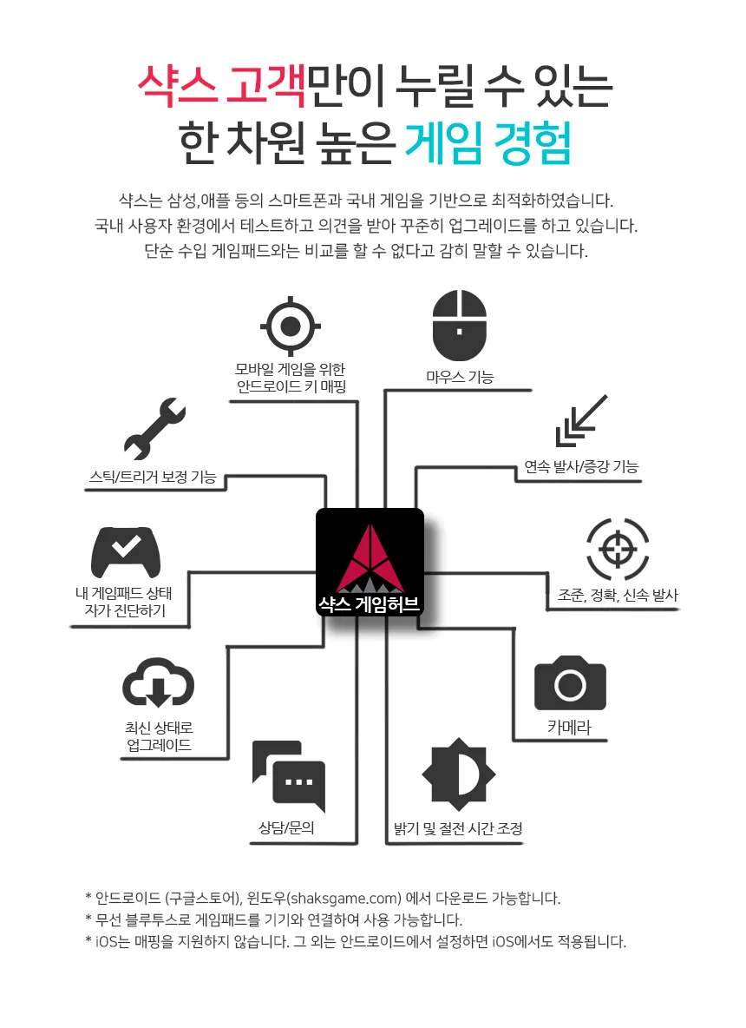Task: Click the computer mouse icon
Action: coord(460,326)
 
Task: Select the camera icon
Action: coord(570,683)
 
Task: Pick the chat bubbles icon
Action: coord(289,775)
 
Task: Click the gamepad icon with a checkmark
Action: coord(126,553)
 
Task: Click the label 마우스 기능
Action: coord(460,377)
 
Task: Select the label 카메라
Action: coord(569,728)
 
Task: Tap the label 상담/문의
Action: coord(286,828)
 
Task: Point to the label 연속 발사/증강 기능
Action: coord(580,466)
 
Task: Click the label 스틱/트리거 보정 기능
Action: coord(153,477)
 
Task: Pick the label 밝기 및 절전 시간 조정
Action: coord(457,828)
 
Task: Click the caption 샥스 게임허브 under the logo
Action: coord(370,604)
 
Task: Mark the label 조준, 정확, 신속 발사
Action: coord(617,596)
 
